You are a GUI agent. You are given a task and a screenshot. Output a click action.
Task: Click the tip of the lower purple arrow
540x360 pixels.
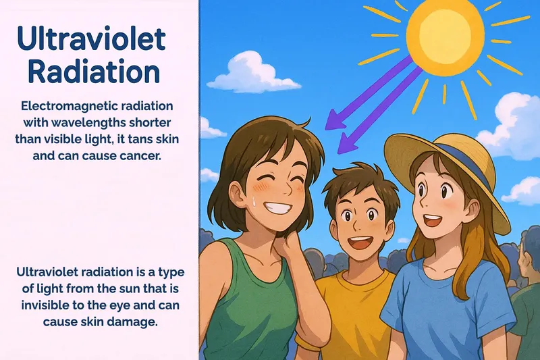[340, 150]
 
